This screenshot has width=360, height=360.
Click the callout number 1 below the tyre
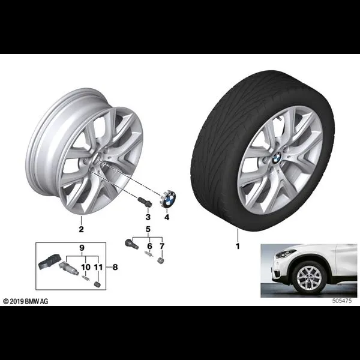tap(238, 247)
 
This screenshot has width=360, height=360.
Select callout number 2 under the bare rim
tap(81, 229)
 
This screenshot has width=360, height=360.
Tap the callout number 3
tap(148, 217)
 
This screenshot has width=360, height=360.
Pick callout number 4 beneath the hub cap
tap(167, 217)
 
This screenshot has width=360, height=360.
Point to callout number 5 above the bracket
tap(148, 229)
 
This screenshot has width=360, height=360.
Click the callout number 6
tap(149, 246)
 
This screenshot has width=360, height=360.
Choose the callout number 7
tap(162, 246)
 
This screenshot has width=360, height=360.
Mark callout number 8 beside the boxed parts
tap(115, 267)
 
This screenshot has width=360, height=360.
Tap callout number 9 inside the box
tap(82, 248)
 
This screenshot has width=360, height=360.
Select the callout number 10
tap(86, 267)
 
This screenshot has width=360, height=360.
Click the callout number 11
tap(98, 267)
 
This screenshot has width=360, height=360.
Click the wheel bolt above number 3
tap(145, 202)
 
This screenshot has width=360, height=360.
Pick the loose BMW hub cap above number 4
tap(167, 199)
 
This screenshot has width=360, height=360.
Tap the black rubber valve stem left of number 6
tap(131, 244)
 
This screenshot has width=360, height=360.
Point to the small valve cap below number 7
tap(161, 261)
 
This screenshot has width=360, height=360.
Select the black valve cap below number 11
tap(98, 284)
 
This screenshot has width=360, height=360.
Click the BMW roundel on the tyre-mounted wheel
tap(277, 157)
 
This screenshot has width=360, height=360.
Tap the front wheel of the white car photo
tap(308, 278)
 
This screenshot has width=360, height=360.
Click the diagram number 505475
tap(341, 301)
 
